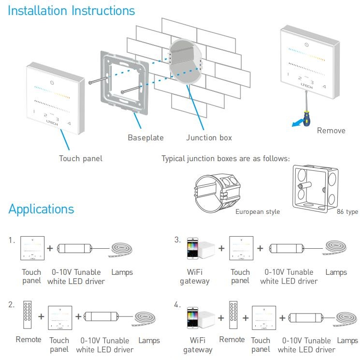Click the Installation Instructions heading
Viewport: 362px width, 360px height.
tap(72, 11)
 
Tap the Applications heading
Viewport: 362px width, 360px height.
tap(42, 209)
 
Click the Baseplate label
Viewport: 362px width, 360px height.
tap(145, 138)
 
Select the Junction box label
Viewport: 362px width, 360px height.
tap(209, 138)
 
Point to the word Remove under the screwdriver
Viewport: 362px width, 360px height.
tap(331, 131)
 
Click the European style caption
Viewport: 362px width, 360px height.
tap(258, 212)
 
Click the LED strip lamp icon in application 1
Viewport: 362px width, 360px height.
tap(121, 250)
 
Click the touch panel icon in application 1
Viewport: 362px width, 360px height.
tap(32, 249)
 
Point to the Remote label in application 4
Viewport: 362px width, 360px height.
tap(232, 340)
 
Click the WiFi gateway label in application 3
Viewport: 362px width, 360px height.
tap(195, 277)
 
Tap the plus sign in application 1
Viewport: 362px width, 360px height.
tap(50, 249)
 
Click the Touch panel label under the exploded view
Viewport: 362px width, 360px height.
tap(81, 158)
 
